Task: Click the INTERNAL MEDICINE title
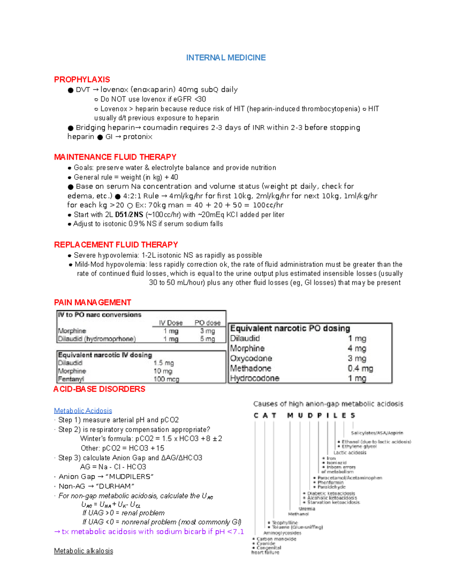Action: pos(226,58)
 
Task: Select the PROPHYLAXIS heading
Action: pos(82,80)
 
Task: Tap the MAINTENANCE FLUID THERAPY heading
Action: pos(115,157)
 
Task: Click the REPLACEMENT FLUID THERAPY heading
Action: pos(116,245)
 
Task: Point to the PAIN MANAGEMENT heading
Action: pos(93,303)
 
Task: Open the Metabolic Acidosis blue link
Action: pos(83,411)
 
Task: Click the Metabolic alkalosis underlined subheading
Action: pos(83,551)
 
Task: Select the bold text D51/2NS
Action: pos(129,215)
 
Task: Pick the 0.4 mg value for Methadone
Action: pos(360,368)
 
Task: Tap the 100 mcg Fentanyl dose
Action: pos(166,379)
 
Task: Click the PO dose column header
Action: pos(207,323)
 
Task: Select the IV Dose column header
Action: pos(171,323)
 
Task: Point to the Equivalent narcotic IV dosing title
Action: pos(105,355)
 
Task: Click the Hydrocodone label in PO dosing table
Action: pos(254,378)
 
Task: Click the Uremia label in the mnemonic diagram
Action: pos(307,509)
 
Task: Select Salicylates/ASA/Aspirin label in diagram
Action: pos(377,433)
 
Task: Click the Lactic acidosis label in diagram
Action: pos(350,452)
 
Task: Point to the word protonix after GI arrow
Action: pos(138,137)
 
